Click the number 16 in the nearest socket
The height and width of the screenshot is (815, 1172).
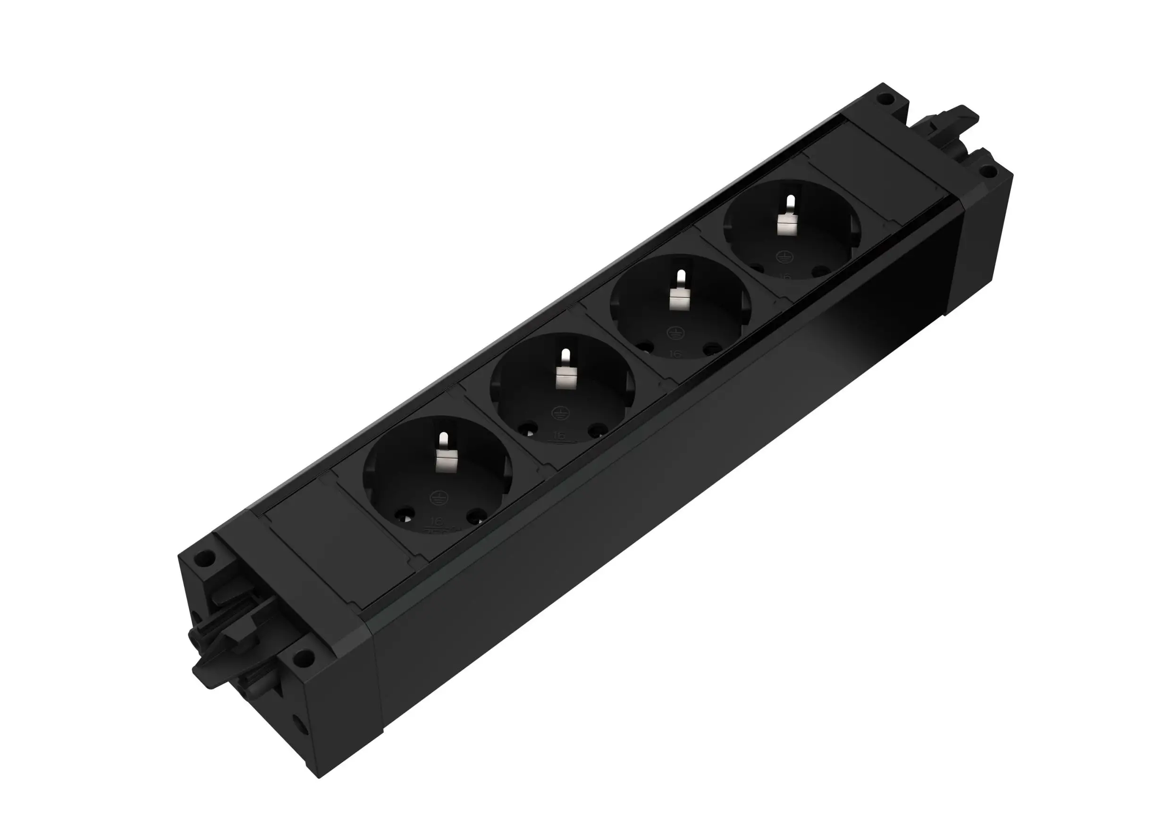tap(437, 521)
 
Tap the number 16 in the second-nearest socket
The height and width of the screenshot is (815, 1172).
tap(559, 434)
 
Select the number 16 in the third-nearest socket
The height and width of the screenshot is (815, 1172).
tap(675, 353)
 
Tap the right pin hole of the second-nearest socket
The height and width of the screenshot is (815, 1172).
tap(594, 431)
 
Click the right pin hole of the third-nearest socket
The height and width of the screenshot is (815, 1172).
tap(710, 349)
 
